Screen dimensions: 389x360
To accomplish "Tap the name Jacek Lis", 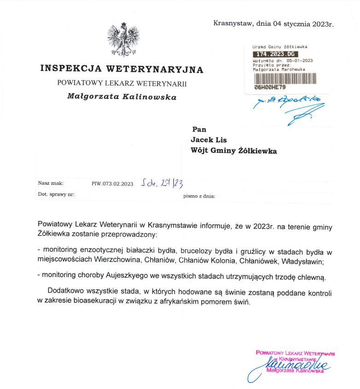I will (209, 140).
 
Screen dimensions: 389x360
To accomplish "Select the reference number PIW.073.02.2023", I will (112, 184).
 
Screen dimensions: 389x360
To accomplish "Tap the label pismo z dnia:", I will (199, 196).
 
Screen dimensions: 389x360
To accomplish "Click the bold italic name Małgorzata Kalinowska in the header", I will (122, 97).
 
